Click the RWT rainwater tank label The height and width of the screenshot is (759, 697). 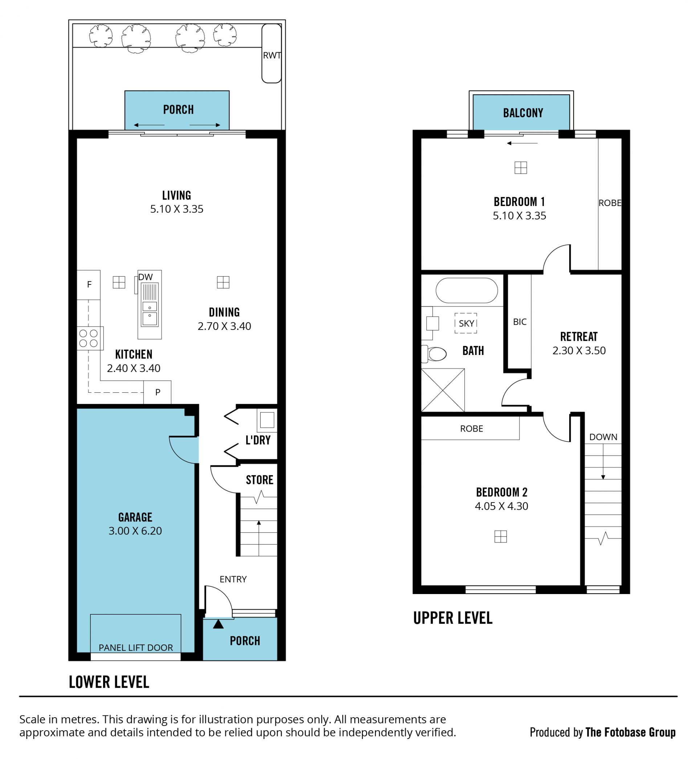pos(272,56)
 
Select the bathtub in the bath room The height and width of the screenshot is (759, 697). pos(466,291)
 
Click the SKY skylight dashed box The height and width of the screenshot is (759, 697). pos(466,323)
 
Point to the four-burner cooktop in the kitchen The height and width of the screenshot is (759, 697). pos(89,338)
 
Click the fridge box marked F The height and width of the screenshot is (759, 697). pos(89,285)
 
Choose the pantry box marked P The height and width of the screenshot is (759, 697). pos(157,392)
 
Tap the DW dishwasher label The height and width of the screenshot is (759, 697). pos(146,277)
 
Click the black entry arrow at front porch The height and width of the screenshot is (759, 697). pos(219,625)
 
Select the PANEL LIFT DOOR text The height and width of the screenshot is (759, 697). pos(136,648)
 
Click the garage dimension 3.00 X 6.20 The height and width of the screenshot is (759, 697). pos(135,531)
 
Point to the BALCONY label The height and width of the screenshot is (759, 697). pos(523,113)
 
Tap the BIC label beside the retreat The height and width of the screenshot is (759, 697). pos(520,322)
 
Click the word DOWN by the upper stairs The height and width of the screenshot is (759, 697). pos(603,437)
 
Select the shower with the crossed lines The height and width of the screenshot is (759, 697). pos(443,390)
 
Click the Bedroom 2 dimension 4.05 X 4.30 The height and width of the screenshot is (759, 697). pos(501,506)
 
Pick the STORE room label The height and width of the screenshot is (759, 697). pos(260,480)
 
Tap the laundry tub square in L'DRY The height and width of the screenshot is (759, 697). pos(267,420)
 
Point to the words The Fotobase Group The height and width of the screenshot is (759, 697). pos(630,732)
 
